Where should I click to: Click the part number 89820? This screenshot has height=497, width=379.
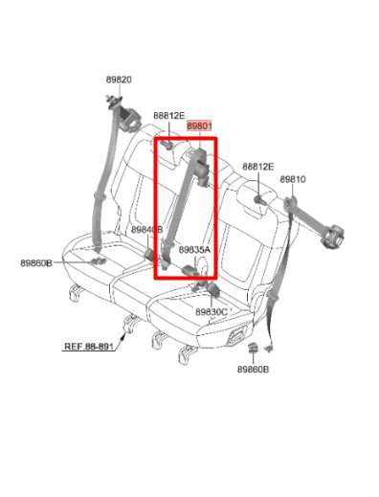click(119, 80)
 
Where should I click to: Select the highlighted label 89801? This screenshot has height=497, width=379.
click(199, 125)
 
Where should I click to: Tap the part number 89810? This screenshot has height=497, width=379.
click(293, 180)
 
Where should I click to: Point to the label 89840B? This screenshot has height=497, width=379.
click(146, 230)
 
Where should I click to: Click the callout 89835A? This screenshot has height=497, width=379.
click(194, 250)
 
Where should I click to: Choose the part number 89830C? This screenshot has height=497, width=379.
click(211, 312)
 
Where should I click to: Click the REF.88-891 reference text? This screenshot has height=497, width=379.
click(87, 348)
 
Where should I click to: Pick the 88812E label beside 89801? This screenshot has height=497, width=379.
click(169, 116)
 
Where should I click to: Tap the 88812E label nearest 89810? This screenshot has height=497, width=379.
click(257, 167)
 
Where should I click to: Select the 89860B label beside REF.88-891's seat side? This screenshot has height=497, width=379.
click(36, 262)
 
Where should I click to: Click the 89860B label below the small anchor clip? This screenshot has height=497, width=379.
click(255, 369)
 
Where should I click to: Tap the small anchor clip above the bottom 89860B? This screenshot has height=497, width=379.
click(255, 350)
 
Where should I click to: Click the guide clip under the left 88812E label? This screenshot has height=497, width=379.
click(167, 145)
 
